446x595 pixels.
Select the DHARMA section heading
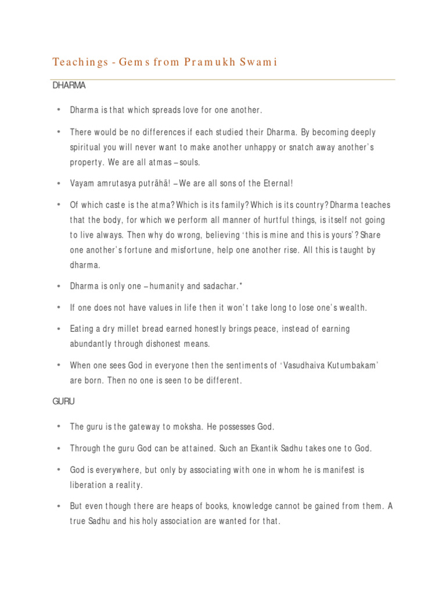69,85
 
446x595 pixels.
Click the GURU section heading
64,402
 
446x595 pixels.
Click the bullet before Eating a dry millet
59,329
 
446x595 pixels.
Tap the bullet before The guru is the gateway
59,426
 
